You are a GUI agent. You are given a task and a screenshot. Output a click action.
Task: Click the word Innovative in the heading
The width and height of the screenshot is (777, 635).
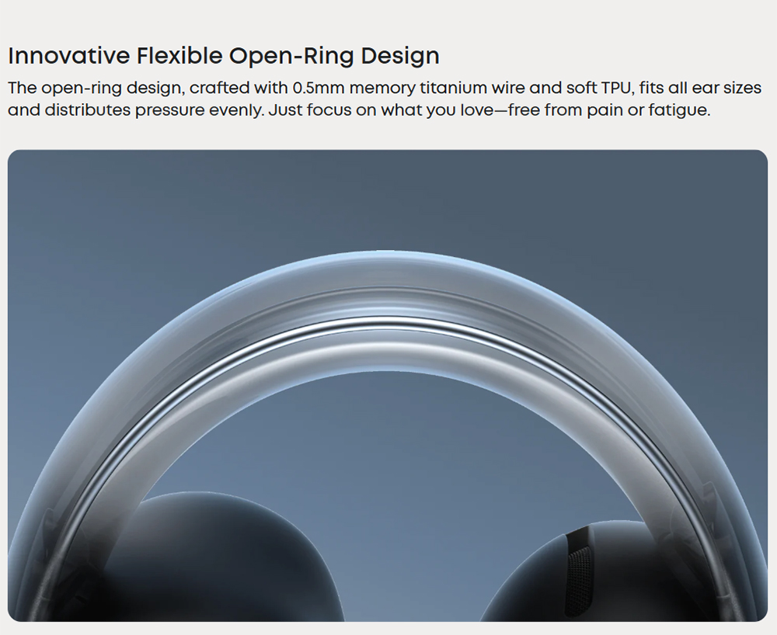coord(68,55)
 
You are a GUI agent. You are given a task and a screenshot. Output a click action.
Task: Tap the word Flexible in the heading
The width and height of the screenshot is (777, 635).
coord(179,55)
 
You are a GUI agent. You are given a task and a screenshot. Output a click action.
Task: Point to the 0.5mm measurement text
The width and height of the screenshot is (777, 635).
coord(319,88)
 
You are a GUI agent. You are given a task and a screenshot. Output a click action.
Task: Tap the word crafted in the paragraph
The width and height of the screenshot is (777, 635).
coord(219,88)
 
